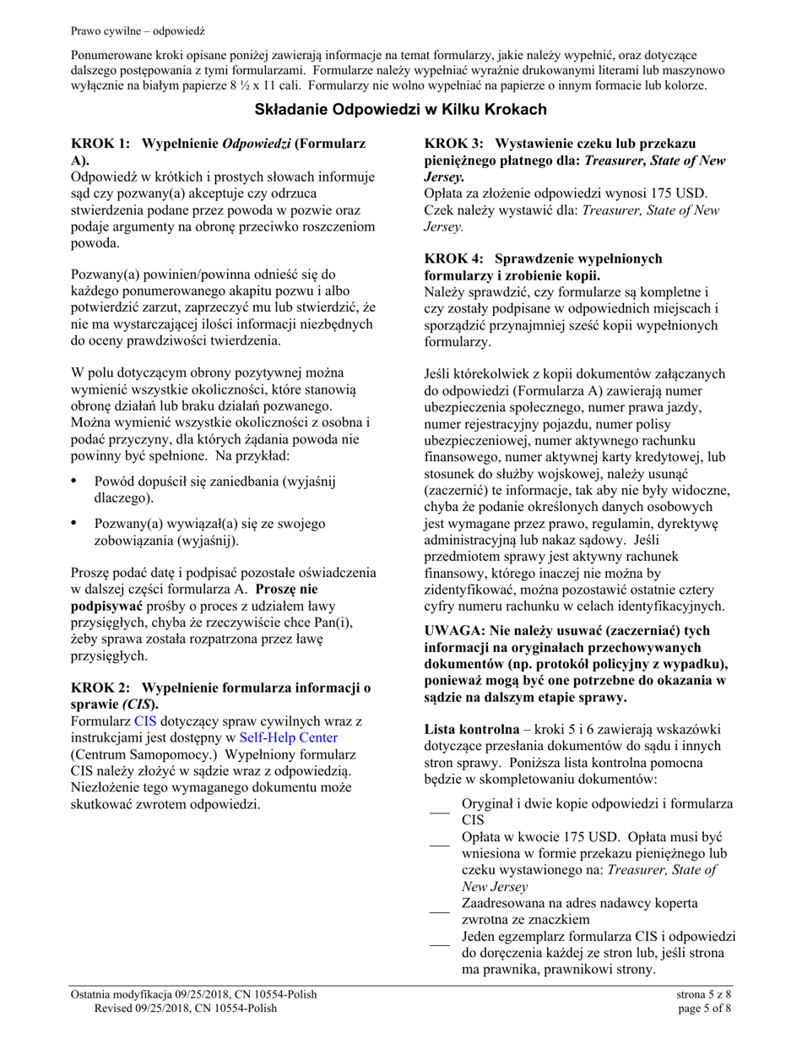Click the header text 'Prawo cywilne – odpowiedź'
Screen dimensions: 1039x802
138,31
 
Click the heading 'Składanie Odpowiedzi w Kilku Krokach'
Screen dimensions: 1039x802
401,110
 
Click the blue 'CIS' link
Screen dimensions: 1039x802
146,721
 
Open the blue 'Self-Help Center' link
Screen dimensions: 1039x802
288,737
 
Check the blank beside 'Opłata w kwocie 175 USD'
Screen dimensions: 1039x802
439,845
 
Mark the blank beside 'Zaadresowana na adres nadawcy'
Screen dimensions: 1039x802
439,911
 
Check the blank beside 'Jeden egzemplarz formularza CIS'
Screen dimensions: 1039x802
439,944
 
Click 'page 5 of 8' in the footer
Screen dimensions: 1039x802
704,1008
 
